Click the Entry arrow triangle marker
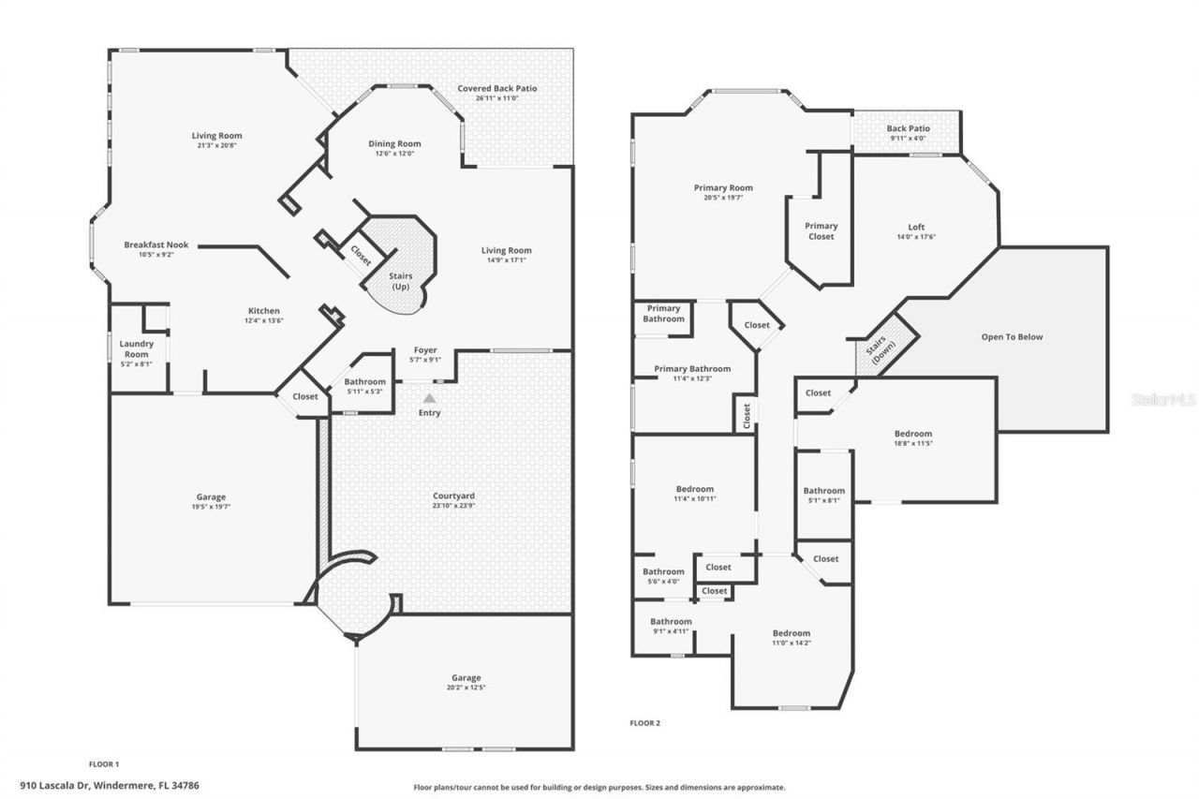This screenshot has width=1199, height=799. click(x=429, y=398)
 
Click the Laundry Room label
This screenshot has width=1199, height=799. click(x=136, y=348)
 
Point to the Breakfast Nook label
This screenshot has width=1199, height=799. click(x=156, y=245)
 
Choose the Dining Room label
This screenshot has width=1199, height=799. click(x=393, y=144)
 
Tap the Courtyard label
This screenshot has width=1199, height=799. click(x=453, y=496)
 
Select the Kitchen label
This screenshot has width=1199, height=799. click(x=263, y=311)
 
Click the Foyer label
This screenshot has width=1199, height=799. click(x=425, y=350)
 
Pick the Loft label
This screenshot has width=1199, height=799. click(x=916, y=227)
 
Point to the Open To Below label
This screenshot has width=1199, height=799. click(x=1012, y=337)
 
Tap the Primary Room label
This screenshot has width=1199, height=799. click(x=723, y=188)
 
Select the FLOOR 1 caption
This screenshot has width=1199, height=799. click(x=104, y=763)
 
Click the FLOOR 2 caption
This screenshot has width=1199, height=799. click(x=646, y=722)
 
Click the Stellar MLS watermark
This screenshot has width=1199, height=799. click(x=1164, y=398)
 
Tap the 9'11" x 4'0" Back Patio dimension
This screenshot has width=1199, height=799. click(x=908, y=139)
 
